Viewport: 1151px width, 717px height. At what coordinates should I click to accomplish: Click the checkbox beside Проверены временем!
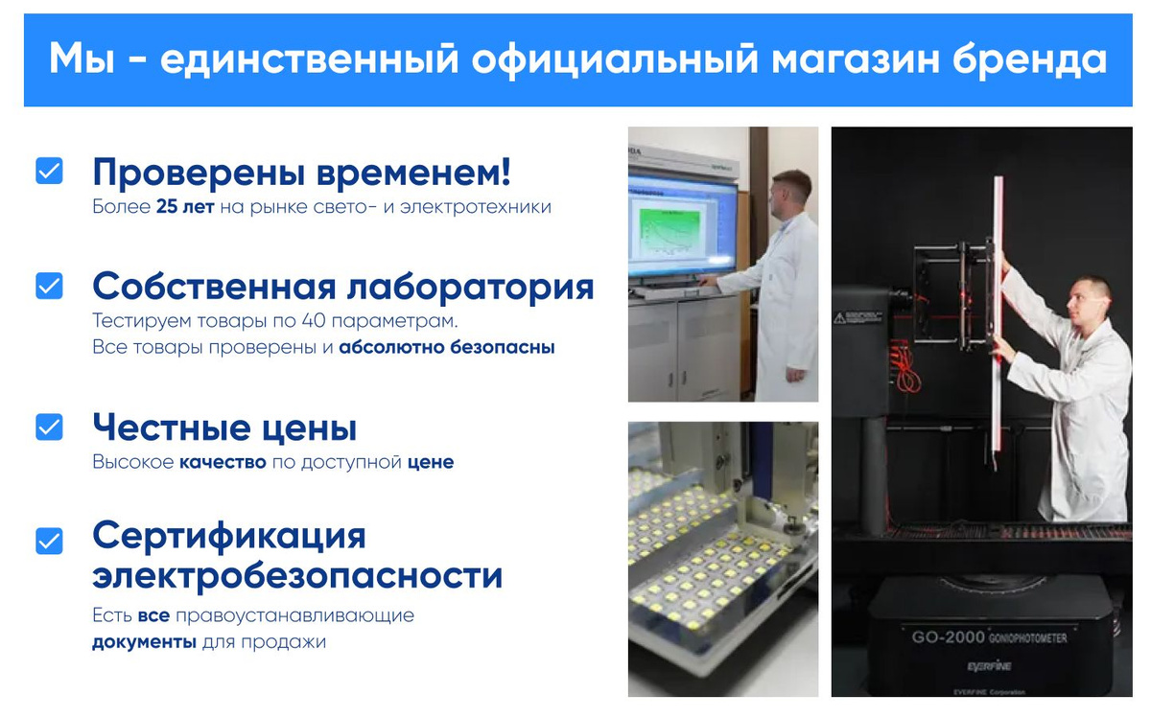tap(49, 171)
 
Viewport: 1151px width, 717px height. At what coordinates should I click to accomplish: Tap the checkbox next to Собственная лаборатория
tap(49, 286)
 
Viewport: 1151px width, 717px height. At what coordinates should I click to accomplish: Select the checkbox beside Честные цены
tap(49, 427)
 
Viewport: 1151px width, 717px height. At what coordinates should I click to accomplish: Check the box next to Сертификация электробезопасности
tap(49, 541)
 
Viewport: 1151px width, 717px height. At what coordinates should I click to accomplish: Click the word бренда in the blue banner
tap(1030, 59)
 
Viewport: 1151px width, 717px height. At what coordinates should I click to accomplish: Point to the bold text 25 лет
tap(185, 206)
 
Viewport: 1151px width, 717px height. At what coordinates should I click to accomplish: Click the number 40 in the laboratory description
tap(314, 320)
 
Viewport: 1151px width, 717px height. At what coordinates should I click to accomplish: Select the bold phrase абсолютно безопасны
tap(447, 347)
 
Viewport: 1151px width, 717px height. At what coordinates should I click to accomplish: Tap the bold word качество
tap(223, 462)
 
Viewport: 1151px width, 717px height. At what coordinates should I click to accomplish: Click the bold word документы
tap(145, 642)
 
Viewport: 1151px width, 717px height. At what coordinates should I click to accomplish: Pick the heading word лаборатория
tap(470, 287)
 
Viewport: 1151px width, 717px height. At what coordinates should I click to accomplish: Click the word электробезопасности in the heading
tap(297, 576)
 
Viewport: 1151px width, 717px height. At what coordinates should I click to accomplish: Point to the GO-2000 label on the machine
tap(948, 637)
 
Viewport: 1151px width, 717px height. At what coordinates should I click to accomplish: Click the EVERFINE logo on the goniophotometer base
tap(989, 666)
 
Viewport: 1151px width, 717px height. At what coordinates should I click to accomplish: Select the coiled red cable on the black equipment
tap(905, 368)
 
